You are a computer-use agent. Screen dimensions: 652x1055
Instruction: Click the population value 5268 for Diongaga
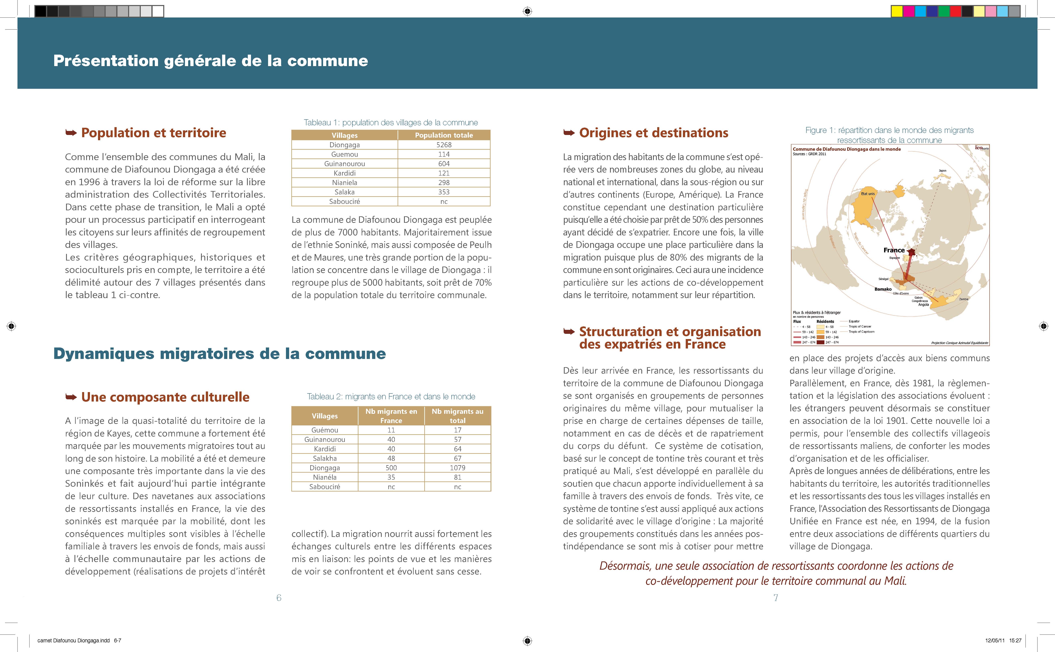coord(444,145)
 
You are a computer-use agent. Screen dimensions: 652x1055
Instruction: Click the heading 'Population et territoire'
coord(153,133)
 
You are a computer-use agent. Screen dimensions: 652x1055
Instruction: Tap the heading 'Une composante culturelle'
coord(165,397)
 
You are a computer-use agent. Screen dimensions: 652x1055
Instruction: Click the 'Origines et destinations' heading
coord(653,133)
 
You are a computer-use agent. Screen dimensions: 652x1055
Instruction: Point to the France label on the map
coord(894,250)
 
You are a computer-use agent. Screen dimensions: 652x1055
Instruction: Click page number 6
coord(279,598)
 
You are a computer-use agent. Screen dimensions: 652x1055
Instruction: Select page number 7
coord(776,598)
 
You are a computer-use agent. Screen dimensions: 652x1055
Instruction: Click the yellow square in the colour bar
coord(897,11)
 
